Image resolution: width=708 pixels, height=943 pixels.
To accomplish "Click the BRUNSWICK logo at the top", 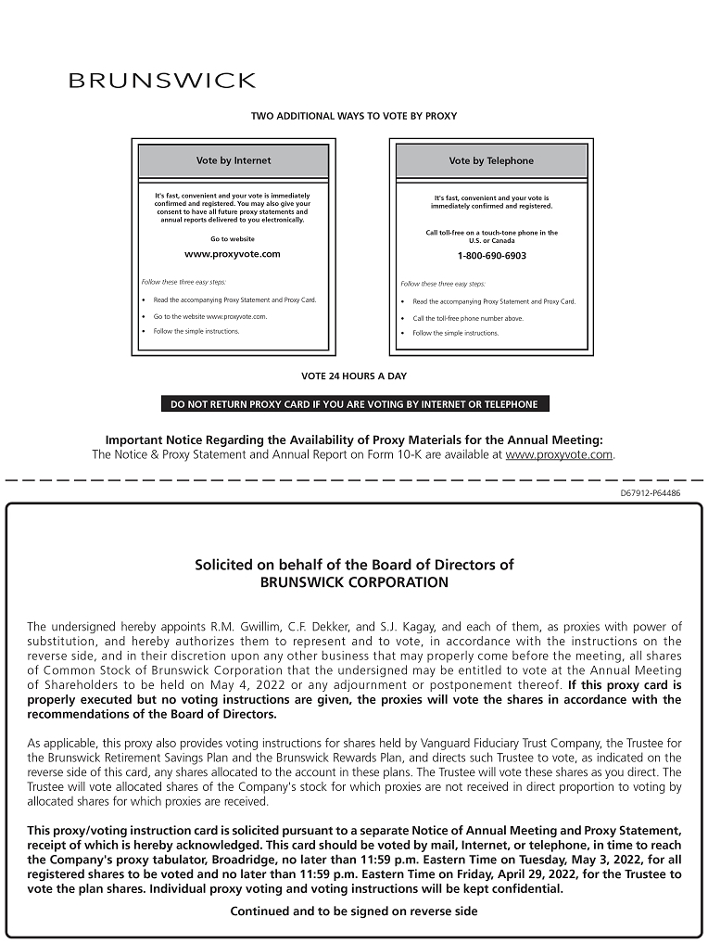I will [162, 81].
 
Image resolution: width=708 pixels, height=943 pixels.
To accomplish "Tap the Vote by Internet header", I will [234, 160].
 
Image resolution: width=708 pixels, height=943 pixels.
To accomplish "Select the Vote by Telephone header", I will [491, 160].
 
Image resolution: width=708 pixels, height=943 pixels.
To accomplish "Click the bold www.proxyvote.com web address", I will [233, 254].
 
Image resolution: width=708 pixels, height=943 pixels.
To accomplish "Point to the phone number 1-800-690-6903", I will [491, 256].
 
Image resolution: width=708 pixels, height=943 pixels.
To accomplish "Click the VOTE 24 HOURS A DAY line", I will [354, 376].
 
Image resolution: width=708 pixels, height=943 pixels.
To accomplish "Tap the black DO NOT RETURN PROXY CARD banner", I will [354, 404].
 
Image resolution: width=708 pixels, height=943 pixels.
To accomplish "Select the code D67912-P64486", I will [650, 493].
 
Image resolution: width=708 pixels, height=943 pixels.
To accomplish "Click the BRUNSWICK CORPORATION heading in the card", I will [354, 583].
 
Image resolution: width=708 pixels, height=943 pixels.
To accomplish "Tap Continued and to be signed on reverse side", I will [354, 911].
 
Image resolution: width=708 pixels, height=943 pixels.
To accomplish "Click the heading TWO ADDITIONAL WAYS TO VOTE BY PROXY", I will [354, 116].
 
